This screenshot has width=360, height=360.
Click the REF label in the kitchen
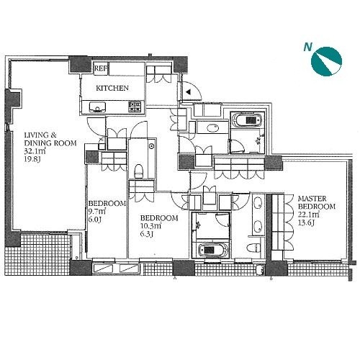(101, 68)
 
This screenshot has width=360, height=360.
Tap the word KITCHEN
(112, 89)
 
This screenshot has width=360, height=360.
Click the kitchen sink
(98, 107)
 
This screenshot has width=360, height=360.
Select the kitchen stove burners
(135, 107)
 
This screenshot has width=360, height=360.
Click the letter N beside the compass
(307, 47)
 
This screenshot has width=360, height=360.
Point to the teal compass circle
(326, 62)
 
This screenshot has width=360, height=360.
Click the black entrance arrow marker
(189, 91)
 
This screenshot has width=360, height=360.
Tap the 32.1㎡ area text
(35, 151)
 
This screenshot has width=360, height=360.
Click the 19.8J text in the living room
(32, 159)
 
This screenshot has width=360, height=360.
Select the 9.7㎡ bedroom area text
(97, 212)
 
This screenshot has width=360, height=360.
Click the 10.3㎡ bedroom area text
(150, 226)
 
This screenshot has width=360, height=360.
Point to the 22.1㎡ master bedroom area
(308, 215)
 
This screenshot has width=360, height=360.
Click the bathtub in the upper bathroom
(247, 120)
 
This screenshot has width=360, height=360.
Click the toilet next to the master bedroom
(253, 248)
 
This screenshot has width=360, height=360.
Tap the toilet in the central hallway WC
(138, 171)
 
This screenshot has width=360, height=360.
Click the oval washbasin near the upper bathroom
(212, 127)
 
